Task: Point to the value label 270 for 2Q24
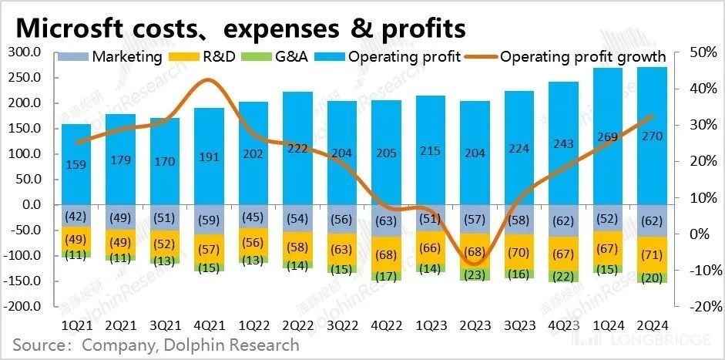651,136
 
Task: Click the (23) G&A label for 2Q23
475,273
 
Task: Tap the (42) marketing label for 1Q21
76,216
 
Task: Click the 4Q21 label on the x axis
208,326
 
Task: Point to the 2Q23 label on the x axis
475,326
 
